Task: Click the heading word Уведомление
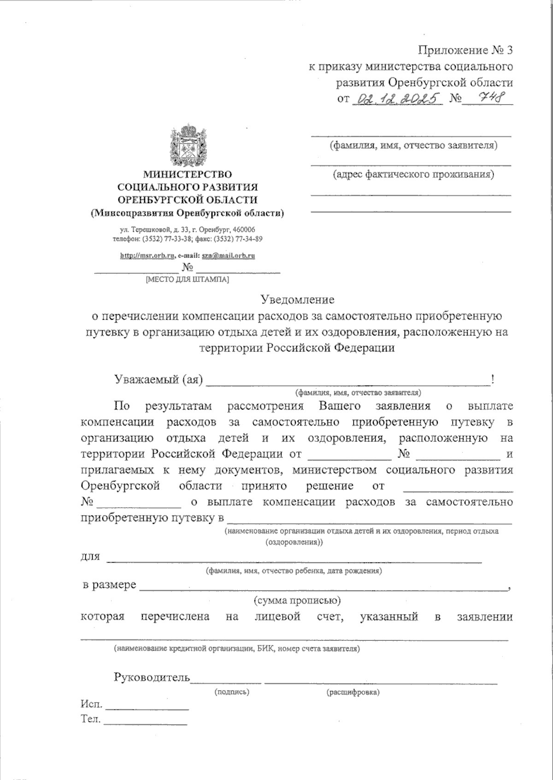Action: [297, 299]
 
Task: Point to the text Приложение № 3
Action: [465, 50]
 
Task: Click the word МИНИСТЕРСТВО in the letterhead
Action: [188, 174]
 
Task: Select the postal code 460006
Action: [243, 229]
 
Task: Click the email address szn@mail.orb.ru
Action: [229, 255]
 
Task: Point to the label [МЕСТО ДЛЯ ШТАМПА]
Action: [187, 280]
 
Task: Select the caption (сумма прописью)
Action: [297, 601]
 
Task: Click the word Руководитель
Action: [152, 677]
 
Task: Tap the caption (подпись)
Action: [232, 692]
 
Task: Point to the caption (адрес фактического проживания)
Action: [413, 175]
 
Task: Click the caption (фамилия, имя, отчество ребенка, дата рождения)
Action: [294, 571]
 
